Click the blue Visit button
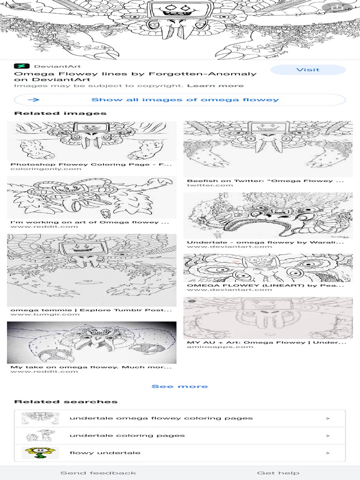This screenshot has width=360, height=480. (308, 70)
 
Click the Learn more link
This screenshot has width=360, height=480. (215, 86)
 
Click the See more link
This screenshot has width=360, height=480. (180, 386)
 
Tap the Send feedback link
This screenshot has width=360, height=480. (98, 472)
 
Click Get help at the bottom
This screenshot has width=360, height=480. (278, 472)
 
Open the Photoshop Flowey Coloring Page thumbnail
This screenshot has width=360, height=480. (92, 141)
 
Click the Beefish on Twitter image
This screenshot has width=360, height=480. (268, 149)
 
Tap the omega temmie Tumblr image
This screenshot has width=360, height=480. (92, 270)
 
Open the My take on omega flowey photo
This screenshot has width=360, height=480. (92, 342)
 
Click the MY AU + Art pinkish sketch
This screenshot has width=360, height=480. (268, 318)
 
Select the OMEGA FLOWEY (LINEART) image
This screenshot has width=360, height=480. (268, 268)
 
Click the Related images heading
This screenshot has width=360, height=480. (60, 113)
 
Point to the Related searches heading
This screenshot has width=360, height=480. (66, 402)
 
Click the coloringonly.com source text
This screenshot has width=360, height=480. (46, 169)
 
